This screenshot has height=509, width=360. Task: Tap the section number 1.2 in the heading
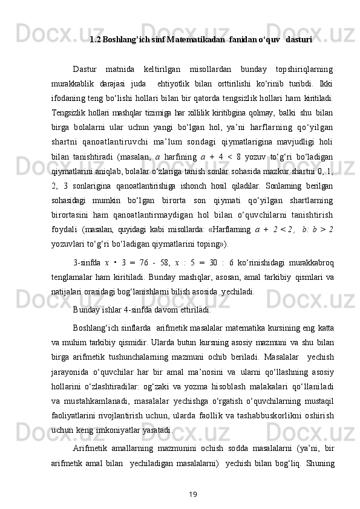point(95,41)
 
